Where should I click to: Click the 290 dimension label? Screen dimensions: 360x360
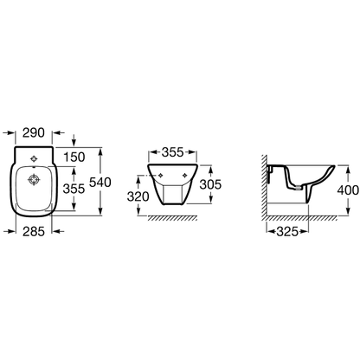click(34, 132)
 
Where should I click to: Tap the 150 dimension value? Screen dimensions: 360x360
click(74, 157)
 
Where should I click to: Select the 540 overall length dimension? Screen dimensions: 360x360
click(100, 183)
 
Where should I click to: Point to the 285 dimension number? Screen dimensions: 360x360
click(34, 231)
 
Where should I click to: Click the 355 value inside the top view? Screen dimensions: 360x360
click(74, 189)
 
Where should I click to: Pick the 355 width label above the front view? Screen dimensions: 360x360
click(172, 152)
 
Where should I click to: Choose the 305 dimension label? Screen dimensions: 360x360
click(210, 184)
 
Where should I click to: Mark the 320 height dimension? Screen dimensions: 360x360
click(138, 196)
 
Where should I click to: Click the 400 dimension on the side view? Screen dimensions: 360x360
click(348, 190)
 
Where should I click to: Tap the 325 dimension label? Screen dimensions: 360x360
click(287, 231)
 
